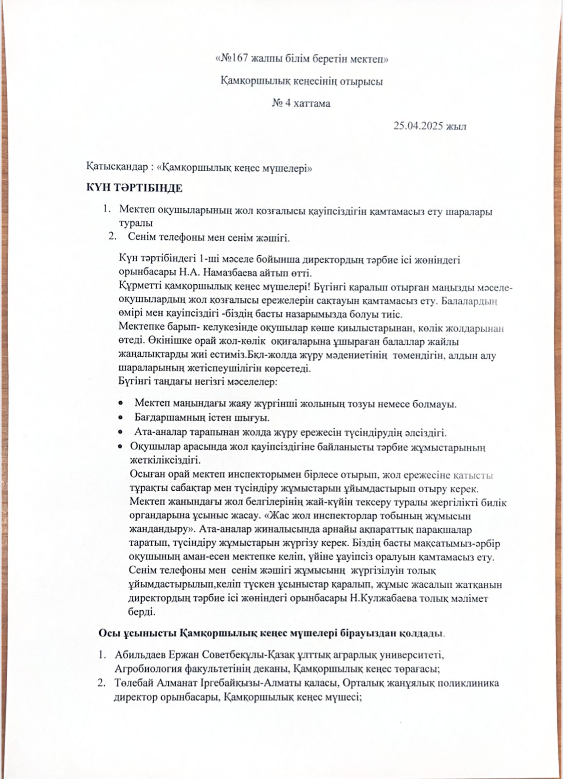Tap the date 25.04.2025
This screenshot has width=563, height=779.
click(x=418, y=126)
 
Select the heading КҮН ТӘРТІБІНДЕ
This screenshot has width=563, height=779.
click(x=134, y=188)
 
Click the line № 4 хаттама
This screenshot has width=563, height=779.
click(x=301, y=103)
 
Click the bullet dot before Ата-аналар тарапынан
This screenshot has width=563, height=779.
click(x=121, y=432)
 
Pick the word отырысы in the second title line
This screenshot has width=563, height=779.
click(x=362, y=81)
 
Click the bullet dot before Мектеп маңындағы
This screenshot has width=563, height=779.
click(x=121, y=404)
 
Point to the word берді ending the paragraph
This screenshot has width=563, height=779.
click(x=142, y=612)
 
